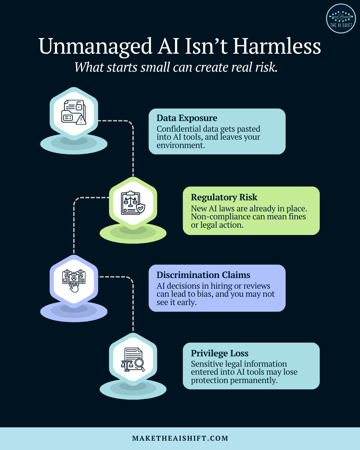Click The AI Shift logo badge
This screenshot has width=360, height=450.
341,18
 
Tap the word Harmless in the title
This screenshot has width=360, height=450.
277,46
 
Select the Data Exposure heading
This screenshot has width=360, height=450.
187,118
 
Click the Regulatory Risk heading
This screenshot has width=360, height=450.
224,197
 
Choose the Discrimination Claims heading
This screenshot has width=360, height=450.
203,275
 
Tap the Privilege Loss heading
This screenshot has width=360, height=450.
220,353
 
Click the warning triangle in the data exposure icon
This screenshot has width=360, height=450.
81,120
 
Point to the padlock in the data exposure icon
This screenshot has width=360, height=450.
79,106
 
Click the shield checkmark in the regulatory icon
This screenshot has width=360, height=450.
141,208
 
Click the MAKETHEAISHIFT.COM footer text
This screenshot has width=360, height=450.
180,438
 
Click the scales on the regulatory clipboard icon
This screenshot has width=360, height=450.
131,200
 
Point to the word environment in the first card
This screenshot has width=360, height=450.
181,145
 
